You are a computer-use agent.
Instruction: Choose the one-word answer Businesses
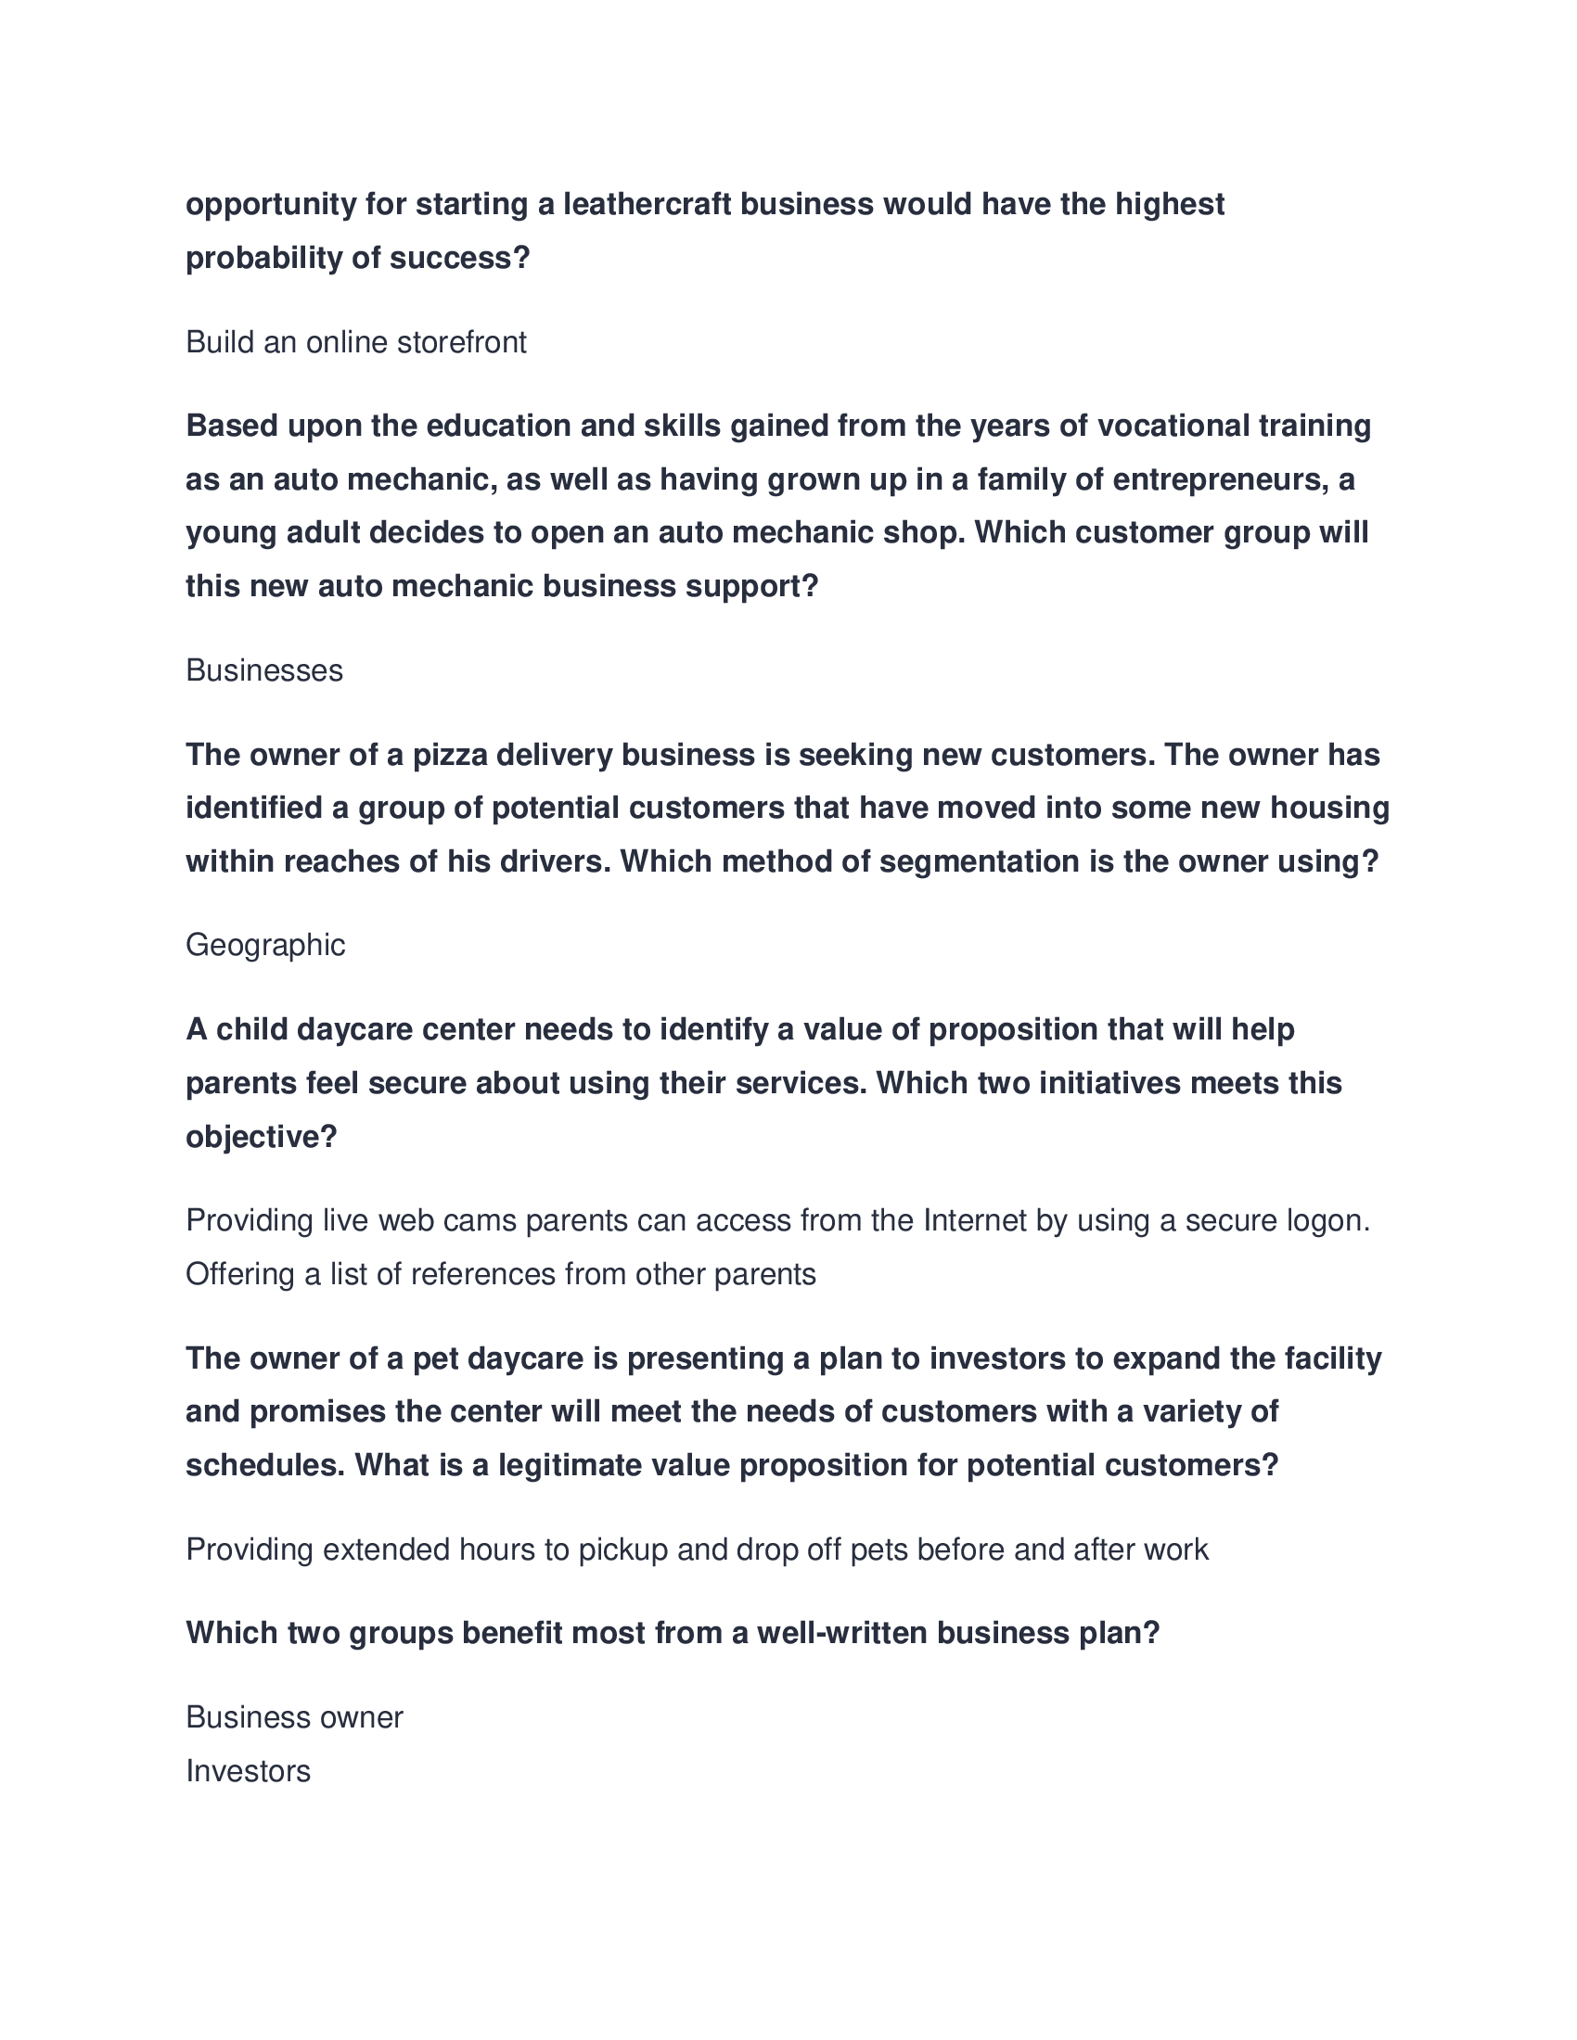coord(264,670)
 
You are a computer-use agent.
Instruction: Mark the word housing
coord(1329,808)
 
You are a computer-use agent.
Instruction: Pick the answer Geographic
coord(265,945)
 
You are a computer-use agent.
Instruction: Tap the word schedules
coord(265,1464)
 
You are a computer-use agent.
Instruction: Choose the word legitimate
coord(569,1464)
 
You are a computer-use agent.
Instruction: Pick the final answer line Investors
coord(248,1771)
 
